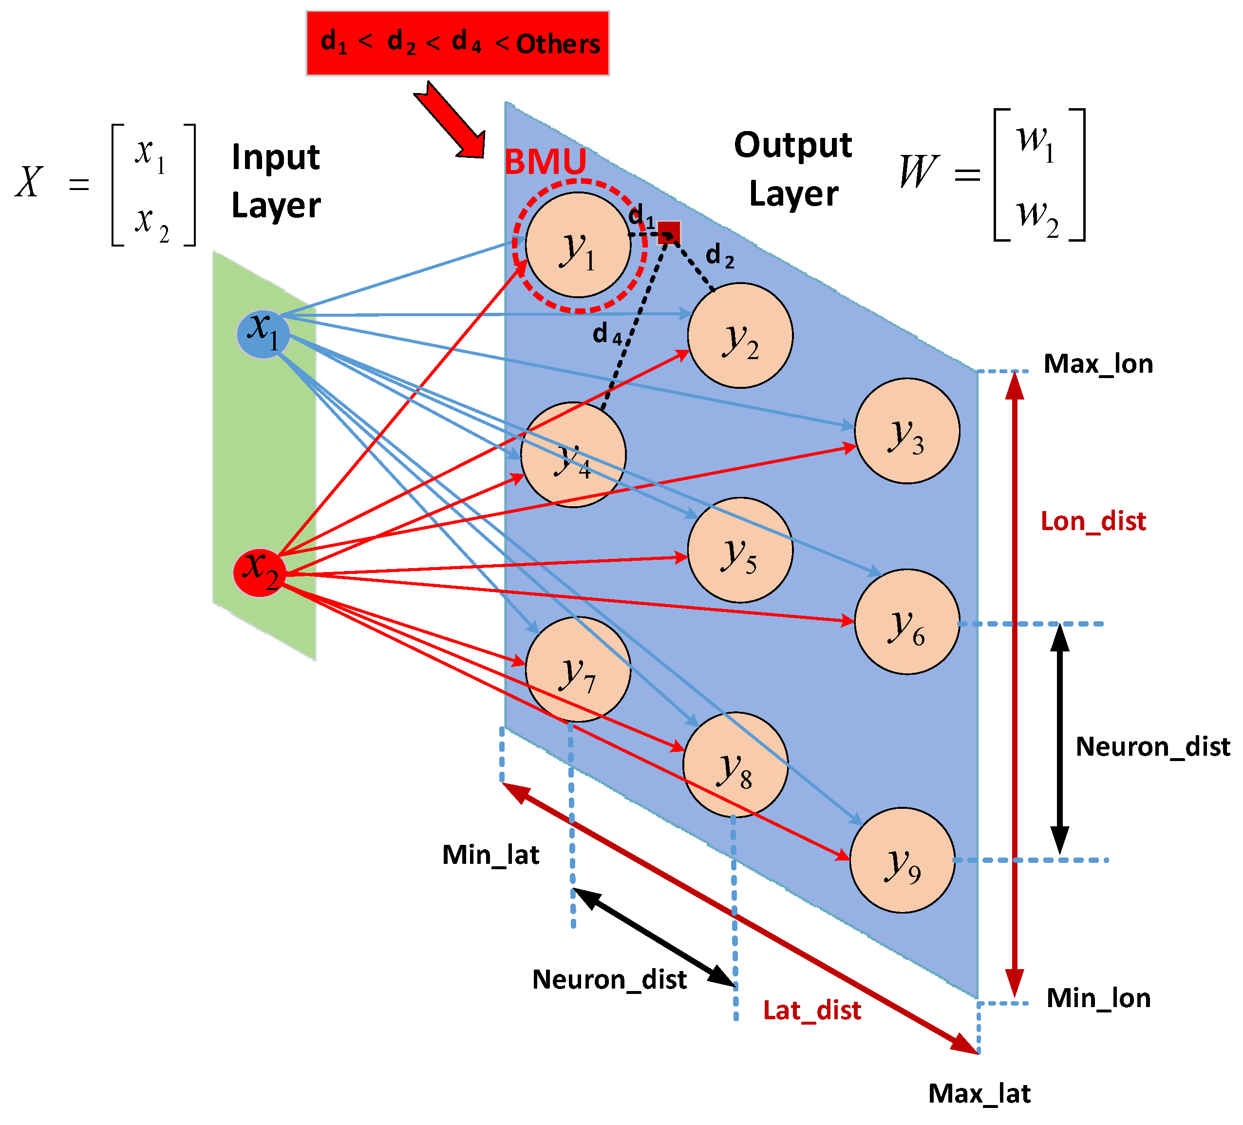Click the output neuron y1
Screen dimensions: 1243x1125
578,245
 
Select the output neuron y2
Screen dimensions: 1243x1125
740,336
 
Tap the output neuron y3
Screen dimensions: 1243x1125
907,431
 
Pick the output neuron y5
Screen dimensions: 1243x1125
740,550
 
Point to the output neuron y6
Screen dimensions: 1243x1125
907,622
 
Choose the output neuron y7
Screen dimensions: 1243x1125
578,669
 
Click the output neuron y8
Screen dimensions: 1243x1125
735,765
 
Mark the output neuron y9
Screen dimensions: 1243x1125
902,860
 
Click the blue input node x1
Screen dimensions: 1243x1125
264,334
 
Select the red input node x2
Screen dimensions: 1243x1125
260,572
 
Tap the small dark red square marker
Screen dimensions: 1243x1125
669,232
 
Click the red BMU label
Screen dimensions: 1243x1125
546,162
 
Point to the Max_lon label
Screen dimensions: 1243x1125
1098,364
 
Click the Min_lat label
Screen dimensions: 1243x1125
491,855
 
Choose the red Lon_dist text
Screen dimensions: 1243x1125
1093,521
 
